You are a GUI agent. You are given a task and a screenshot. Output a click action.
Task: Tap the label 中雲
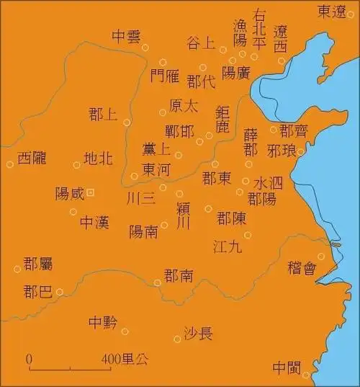click(x=127, y=36)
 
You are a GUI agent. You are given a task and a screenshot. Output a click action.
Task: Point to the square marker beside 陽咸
click(x=91, y=192)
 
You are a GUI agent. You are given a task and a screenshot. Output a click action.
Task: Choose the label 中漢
click(x=94, y=222)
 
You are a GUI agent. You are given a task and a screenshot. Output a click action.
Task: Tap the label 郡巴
click(x=37, y=292)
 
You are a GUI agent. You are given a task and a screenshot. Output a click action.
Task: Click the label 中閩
click(x=287, y=368)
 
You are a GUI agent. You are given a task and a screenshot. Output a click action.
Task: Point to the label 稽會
click(x=302, y=268)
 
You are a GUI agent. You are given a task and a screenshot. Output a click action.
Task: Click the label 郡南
click(x=179, y=276)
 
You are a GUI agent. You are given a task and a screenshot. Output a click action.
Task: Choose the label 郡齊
click(x=293, y=130)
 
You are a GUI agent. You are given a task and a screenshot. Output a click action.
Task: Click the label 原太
click(x=184, y=106)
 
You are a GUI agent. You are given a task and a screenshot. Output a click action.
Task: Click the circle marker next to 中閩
click(x=306, y=375)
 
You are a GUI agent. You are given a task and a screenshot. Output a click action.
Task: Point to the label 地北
click(x=98, y=159)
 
